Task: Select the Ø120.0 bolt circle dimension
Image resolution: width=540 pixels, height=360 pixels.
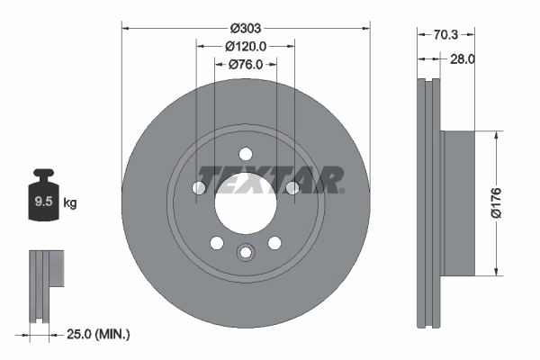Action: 246,46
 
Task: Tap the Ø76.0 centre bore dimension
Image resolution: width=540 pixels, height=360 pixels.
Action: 246,64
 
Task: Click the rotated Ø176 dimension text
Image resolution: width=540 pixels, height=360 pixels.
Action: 508,204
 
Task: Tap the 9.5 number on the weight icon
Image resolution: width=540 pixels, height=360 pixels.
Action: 43,202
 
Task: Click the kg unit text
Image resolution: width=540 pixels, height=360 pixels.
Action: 69,203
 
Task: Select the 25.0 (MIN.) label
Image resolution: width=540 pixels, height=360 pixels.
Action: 100,335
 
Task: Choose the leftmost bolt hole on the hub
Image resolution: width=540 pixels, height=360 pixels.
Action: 199,187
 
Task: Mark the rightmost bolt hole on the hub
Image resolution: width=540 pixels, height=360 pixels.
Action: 292,187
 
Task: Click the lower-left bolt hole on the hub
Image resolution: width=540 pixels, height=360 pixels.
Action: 217,242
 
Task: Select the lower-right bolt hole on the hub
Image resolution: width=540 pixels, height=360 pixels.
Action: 274,242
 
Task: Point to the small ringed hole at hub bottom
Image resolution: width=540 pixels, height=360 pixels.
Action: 246,253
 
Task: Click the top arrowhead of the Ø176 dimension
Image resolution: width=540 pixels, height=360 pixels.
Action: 496,136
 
